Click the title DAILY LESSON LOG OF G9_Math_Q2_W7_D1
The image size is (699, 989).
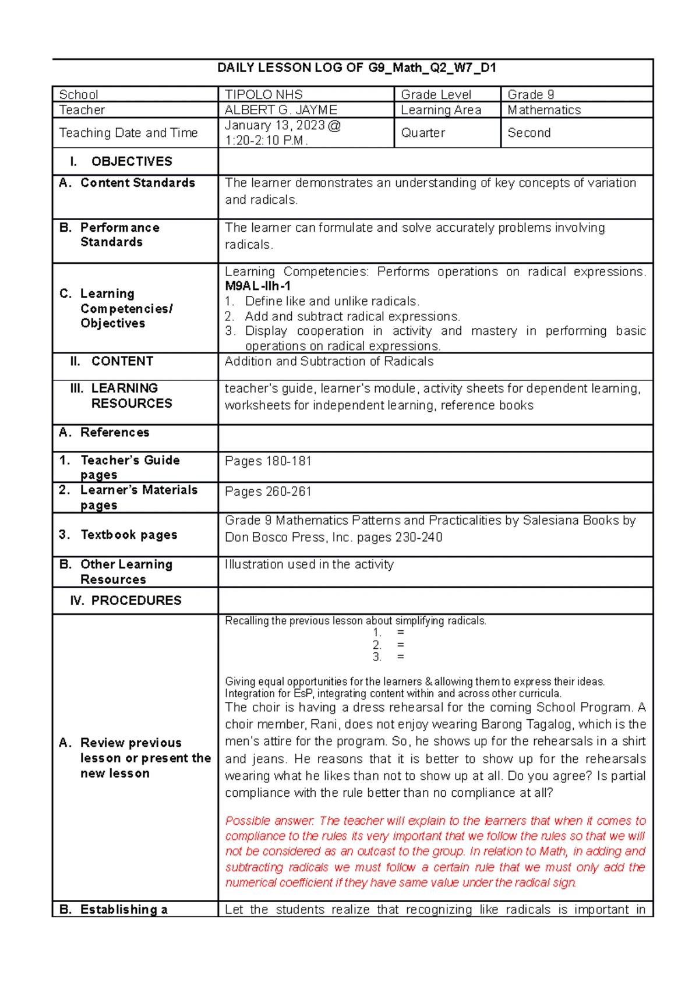coord(356,68)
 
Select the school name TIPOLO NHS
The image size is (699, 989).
coord(264,94)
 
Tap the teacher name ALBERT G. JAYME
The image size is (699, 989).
coord(281,110)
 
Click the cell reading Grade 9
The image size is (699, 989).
coord(531,94)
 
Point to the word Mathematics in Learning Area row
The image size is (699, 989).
coord(544,110)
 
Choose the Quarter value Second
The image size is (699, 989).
coord(529,133)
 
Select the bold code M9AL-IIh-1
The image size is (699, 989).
coord(257,286)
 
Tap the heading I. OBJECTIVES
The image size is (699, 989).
coord(121,161)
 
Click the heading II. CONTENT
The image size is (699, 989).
coord(111,361)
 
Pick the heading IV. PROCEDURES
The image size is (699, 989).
coord(126,601)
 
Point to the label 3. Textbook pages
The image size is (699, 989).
coord(118,535)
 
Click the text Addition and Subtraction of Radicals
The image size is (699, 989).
coord(329,361)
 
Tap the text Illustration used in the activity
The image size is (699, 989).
coord(309,564)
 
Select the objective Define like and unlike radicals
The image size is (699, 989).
coord(331,301)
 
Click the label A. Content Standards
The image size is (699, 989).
coord(127,183)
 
